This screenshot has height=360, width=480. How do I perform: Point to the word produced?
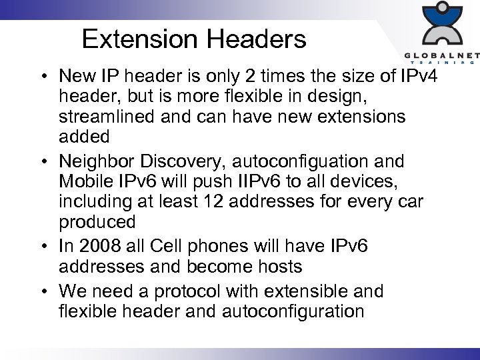click(97, 221)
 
